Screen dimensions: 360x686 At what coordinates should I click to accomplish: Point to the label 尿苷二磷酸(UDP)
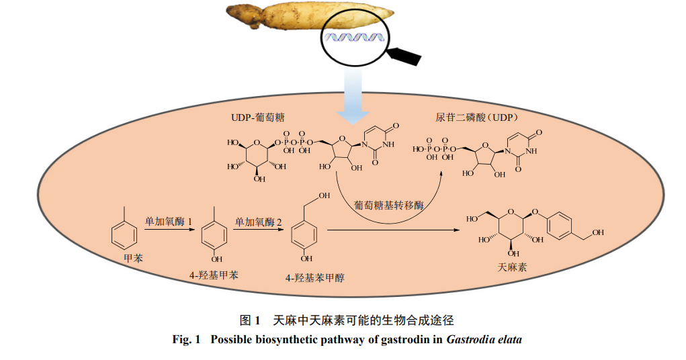478,118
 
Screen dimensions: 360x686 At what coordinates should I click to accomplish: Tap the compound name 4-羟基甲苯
214,275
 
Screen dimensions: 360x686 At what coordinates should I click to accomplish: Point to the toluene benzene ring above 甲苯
124,234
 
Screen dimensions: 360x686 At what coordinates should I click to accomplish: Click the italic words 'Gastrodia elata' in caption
484,339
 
